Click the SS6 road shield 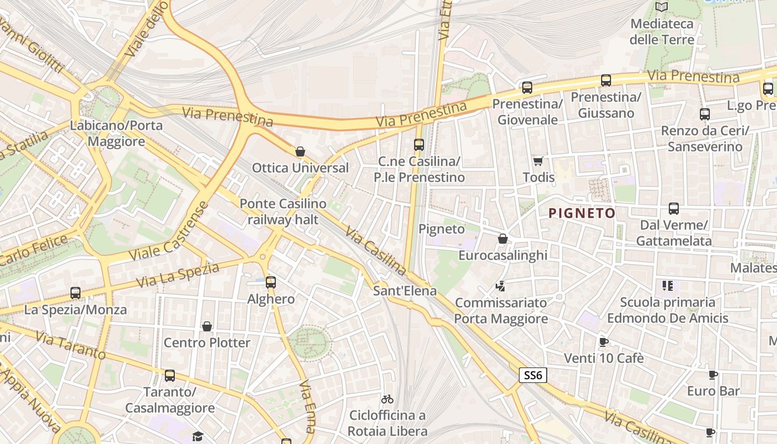pyautogui.click(x=533, y=375)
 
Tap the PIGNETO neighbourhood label pyautogui.click(x=582, y=213)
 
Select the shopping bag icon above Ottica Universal pyautogui.click(x=300, y=152)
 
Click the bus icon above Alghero pyautogui.click(x=271, y=282)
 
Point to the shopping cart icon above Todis pyautogui.click(x=538, y=161)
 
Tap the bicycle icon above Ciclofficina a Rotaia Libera pyautogui.click(x=387, y=399)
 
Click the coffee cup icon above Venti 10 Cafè pyautogui.click(x=604, y=342)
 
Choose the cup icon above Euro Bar pyautogui.click(x=713, y=375)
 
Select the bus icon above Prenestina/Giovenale pyautogui.click(x=527, y=87)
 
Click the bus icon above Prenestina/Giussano pyautogui.click(x=606, y=80)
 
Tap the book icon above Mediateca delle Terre pyautogui.click(x=662, y=7)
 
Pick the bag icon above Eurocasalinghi pyautogui.click(x=503, y=239)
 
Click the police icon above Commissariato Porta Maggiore pyautogui.click(x=501, y=286)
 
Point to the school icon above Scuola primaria pyautogui.click(x=667, y=286)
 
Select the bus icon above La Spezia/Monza pyautogui.click(x=75, y=292)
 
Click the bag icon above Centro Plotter pyautogui.click(x=207, y=326)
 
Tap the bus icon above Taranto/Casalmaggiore pyautogui.click(x=170, y=376)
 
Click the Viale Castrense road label pyautogui.click(x=169, y=231)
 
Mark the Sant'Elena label pyautogui.click(x=405, y=291)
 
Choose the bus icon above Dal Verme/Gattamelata pyautogui.click(x=674, y=209)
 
